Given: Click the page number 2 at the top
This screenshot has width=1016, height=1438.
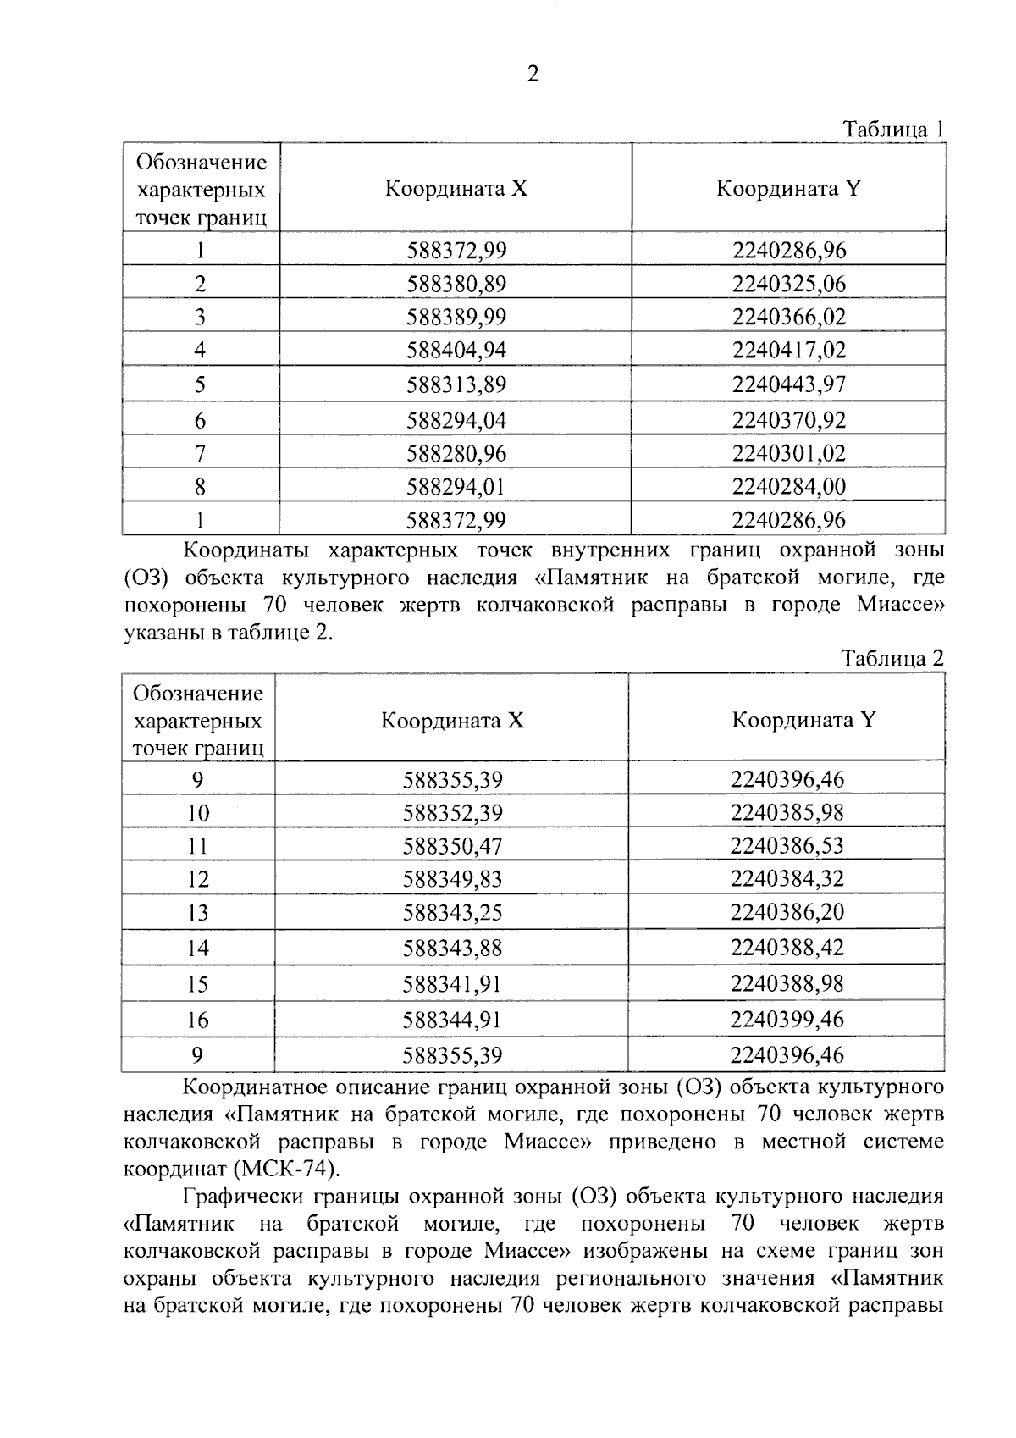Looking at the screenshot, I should click(533, 75).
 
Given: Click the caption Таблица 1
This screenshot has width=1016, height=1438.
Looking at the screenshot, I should click(892, 130).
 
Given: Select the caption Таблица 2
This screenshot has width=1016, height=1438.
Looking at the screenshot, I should click(892, 659).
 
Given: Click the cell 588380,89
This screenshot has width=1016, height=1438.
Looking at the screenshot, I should click(456, 284).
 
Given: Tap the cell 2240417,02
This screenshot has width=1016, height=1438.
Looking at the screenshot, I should click(788, 350).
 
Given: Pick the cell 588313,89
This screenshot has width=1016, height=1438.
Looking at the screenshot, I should click(456, 385).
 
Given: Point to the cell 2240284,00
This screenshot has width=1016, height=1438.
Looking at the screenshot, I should click(788, 487).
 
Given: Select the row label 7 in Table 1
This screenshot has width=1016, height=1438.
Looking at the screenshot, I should click(200, 454).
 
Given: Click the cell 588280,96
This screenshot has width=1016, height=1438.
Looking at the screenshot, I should click(456, 454).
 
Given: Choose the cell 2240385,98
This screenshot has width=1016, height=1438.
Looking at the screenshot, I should click(787, 813).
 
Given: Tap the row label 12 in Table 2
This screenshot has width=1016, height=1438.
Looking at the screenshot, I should click(197, 880).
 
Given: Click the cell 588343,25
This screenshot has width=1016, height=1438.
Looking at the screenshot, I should click(452, 913).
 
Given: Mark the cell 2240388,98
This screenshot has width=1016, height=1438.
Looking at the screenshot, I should click(787, 984).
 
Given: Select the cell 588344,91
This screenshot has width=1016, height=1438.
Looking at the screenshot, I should click(452, 1020).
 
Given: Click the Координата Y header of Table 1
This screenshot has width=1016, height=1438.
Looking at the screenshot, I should click(788, 188).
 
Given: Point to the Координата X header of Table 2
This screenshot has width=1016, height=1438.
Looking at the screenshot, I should click(452, 721).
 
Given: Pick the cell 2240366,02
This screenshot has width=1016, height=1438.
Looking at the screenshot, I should click(788, 317).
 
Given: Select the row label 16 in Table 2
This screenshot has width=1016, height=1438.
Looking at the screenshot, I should click(197, 1020).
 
